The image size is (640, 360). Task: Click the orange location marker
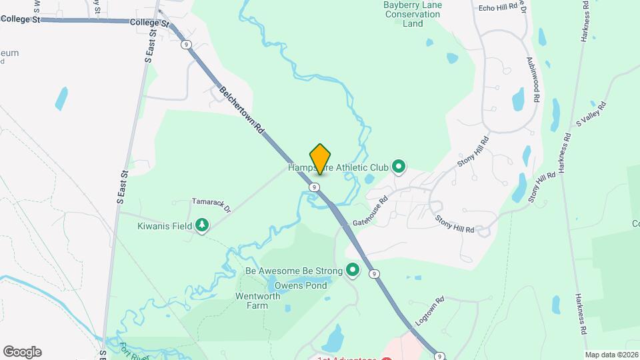[x=321, y=159]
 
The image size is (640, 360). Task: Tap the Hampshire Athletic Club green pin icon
[x=399, y=166]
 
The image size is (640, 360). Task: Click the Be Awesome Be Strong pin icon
[x=352, y=271]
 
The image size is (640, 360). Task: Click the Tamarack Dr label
[x=211, y=204]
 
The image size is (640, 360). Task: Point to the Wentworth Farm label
[x=251, y=301]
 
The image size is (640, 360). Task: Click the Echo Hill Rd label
[x=498, y=7]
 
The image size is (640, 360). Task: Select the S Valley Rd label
[x=592, y=113]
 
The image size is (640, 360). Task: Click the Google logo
[x=22, y=351]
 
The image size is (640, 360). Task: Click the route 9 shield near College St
[x=186, y=44]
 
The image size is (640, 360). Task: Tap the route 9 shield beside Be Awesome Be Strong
[x=375, y=273]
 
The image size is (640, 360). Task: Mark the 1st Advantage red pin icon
[x=384, y=359]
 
